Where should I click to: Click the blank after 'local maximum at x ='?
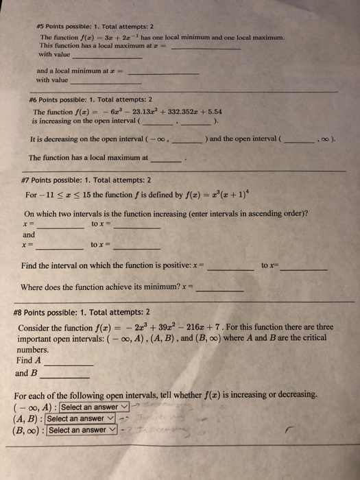205,46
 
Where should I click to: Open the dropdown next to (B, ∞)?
80,431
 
